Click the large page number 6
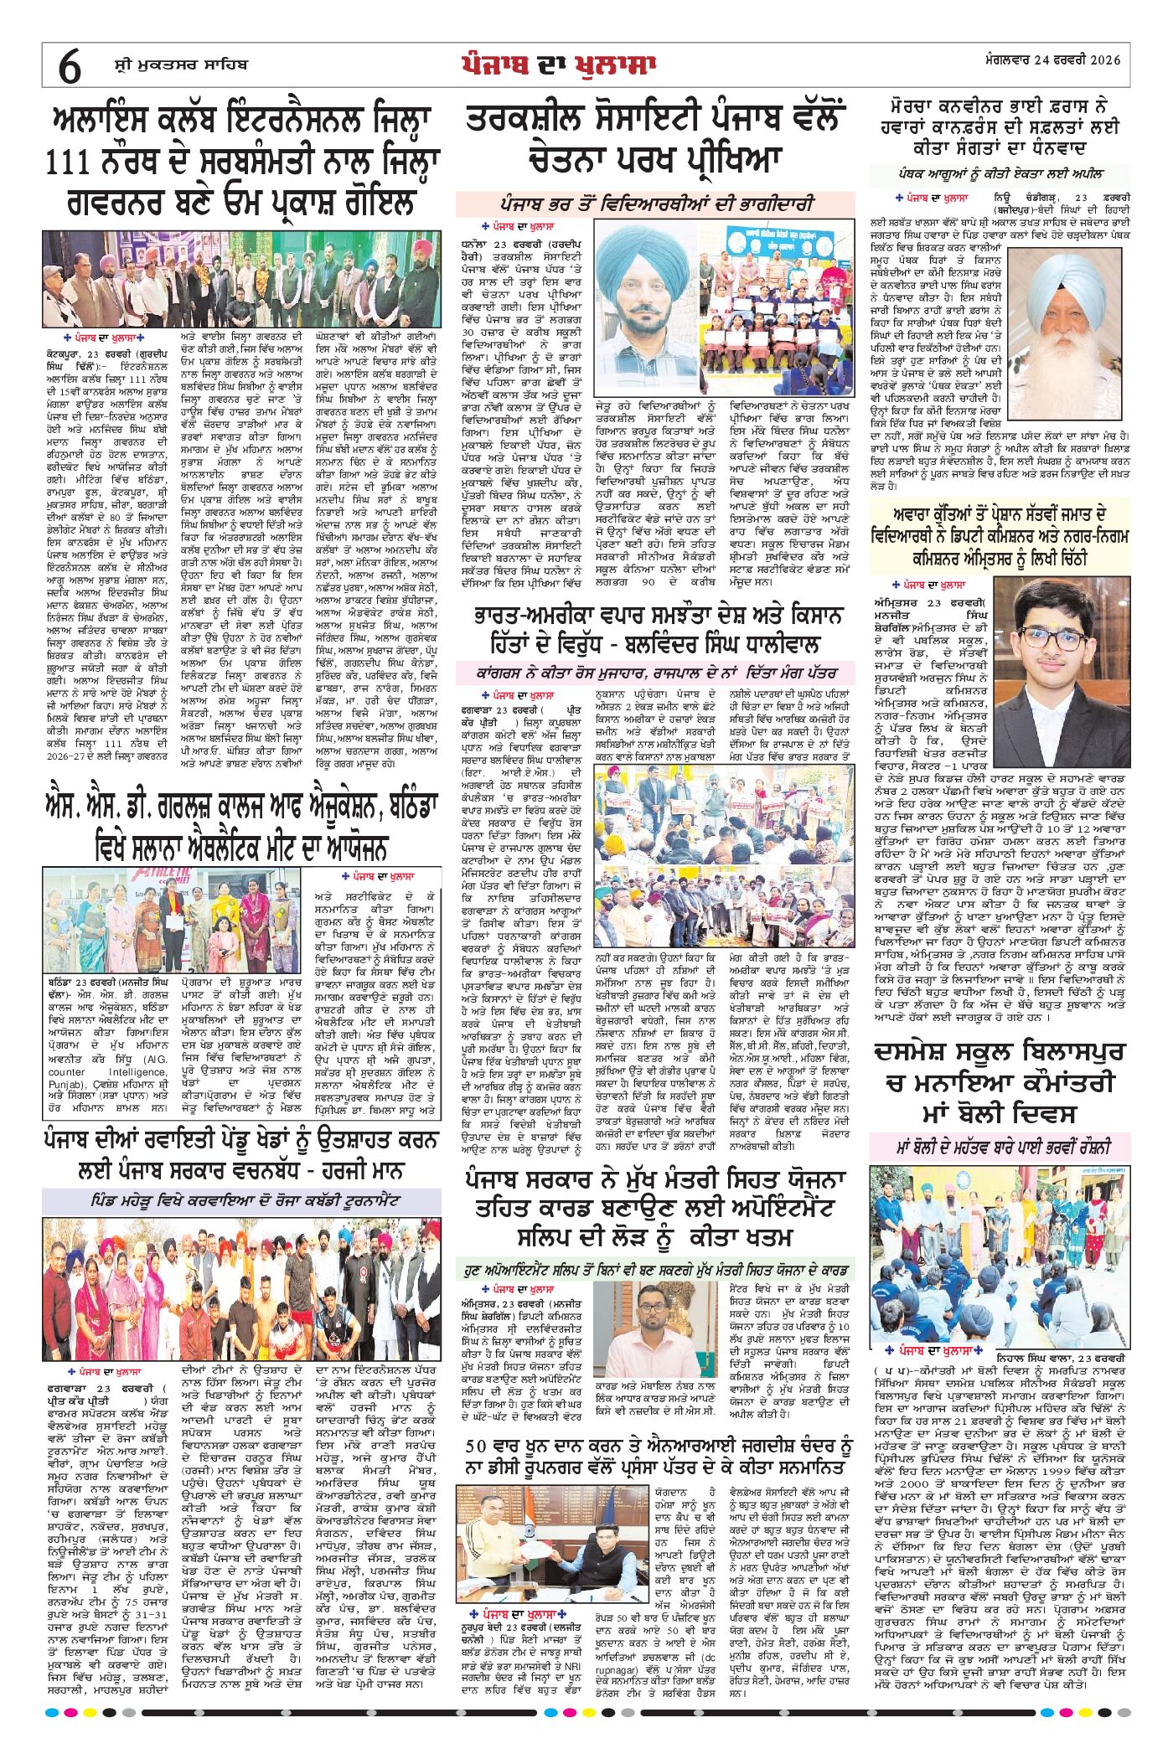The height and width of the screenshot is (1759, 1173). click(70, 65)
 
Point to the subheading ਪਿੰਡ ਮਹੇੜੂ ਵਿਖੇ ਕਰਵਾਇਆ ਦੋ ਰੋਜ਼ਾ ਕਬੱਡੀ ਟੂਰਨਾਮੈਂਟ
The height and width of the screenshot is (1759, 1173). click(241, 1200)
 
